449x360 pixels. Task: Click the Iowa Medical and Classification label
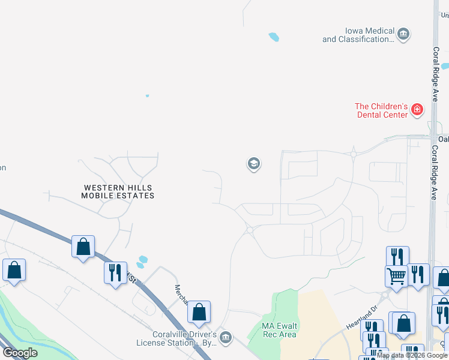click(x=358, y=35)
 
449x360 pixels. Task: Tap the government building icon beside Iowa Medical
click(x=403, y=34)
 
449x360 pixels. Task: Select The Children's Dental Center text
click(x=382, y=110)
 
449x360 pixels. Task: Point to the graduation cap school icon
click(x=253, y=163)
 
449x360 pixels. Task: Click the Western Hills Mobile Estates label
click(x=118, y=192)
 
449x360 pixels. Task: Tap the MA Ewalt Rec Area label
click(x=280, y=330)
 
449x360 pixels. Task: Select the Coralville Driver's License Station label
click(x=176, y=338)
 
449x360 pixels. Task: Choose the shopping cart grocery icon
click(x=396, y=276)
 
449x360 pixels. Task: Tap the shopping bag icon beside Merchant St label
click(x=199, y=311)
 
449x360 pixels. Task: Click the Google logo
click(x=20, y=353)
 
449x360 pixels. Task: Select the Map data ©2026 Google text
click(x=412, y=356)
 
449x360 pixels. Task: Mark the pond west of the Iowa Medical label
click(x=274, y=37)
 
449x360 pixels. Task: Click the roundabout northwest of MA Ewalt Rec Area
click(x=249, y=229)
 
